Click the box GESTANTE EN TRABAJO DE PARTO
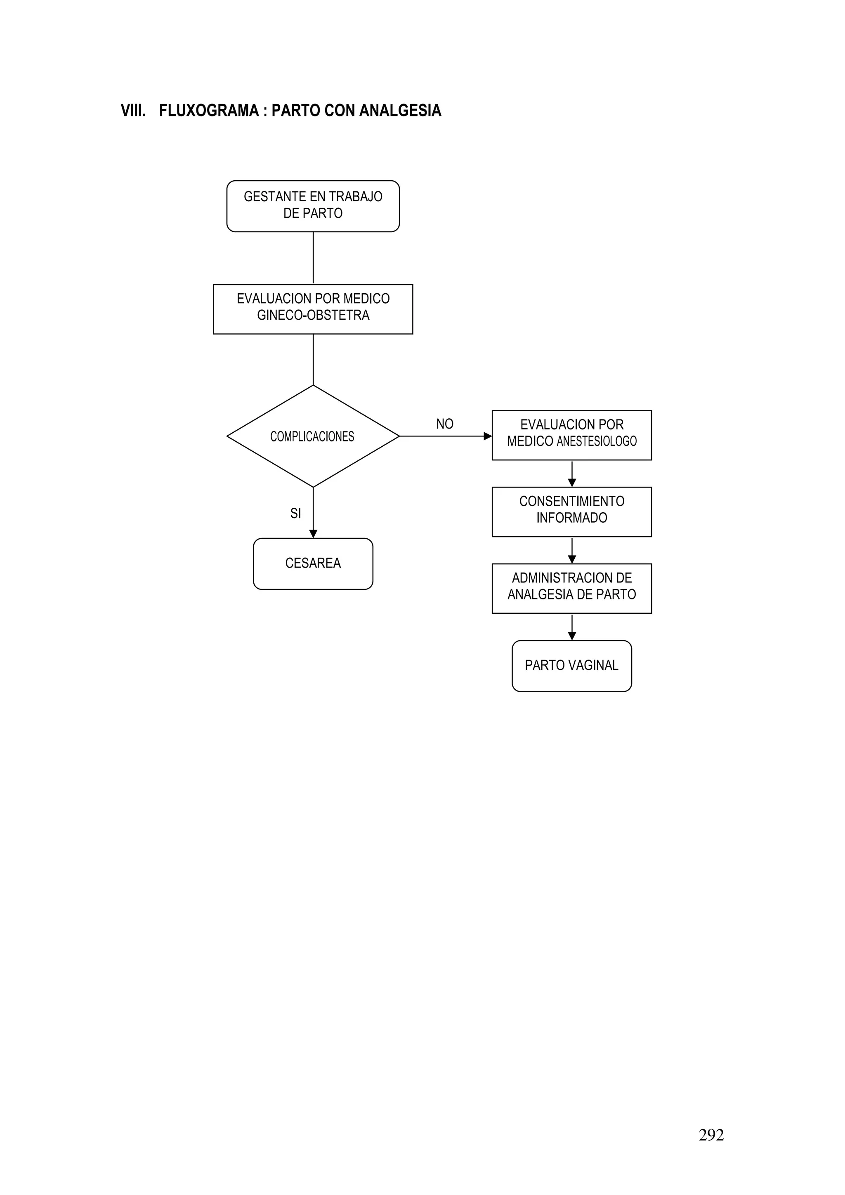[313, 206]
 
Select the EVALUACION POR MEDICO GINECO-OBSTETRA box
[313, 309]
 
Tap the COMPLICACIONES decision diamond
[313, 436]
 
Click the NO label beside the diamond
[445, 424]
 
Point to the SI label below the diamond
[296, 513]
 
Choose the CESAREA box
[313, 563]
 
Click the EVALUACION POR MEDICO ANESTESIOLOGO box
[572, 435]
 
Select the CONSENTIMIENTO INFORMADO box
[572, 511]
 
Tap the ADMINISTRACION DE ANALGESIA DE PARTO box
[572, 588]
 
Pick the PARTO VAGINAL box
[572, 665]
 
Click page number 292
[711, 1135]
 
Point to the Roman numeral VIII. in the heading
[133, 111]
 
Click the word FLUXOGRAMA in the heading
[209, 111]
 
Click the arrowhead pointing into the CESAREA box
[313, 533]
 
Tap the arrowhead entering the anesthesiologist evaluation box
[487, 436]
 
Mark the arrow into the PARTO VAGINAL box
[572, 636]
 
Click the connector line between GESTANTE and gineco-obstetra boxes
[313, 258]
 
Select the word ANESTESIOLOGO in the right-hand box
[597, 441]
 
